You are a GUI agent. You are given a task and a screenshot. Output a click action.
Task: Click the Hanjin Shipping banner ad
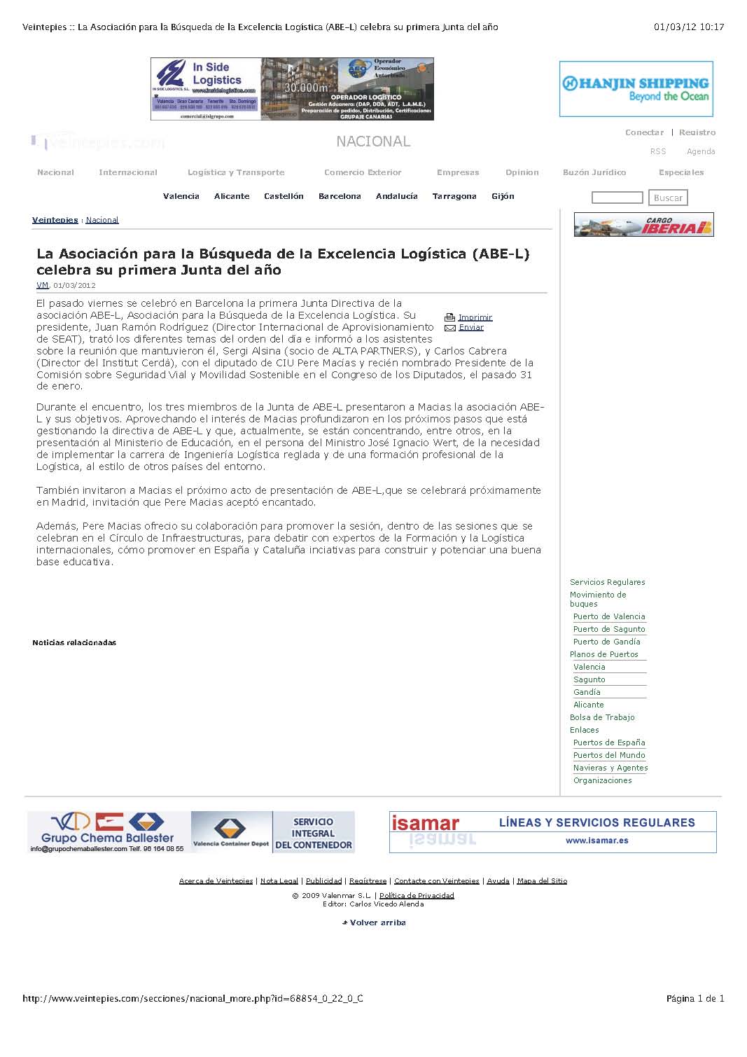(636, 89)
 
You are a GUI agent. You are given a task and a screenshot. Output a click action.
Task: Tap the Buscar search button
(668, 198)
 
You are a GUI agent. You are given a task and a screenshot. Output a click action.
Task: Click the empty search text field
(617, 198)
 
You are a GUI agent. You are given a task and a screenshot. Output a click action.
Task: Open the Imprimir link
(475, 317)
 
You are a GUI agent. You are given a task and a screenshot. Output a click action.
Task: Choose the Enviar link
(471, 327)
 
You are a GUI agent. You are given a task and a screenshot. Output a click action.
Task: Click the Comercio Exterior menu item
(363, 172)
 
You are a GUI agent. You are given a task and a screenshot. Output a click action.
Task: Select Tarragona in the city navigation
(454, 196)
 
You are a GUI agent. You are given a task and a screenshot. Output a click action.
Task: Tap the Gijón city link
(503, 196)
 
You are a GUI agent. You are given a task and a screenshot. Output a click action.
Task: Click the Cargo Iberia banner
(643, 225)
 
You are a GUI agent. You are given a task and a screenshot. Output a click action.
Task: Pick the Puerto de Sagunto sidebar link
(609, 629)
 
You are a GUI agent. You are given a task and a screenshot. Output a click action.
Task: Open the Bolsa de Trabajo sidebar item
(602, 717)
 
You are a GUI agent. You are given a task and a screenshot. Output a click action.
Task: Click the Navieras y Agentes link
(610, 768)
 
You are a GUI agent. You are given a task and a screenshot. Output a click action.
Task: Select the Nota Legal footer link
(279, 880)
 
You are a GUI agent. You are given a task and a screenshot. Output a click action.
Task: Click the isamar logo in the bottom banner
(425, 823)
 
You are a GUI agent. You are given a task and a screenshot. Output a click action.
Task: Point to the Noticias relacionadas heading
(74, 642)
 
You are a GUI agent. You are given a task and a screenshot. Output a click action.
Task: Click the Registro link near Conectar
(697, 132)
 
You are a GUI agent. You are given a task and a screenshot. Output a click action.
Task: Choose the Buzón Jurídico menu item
(594, 172)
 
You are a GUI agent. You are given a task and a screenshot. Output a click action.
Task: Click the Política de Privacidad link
(417, 895)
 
